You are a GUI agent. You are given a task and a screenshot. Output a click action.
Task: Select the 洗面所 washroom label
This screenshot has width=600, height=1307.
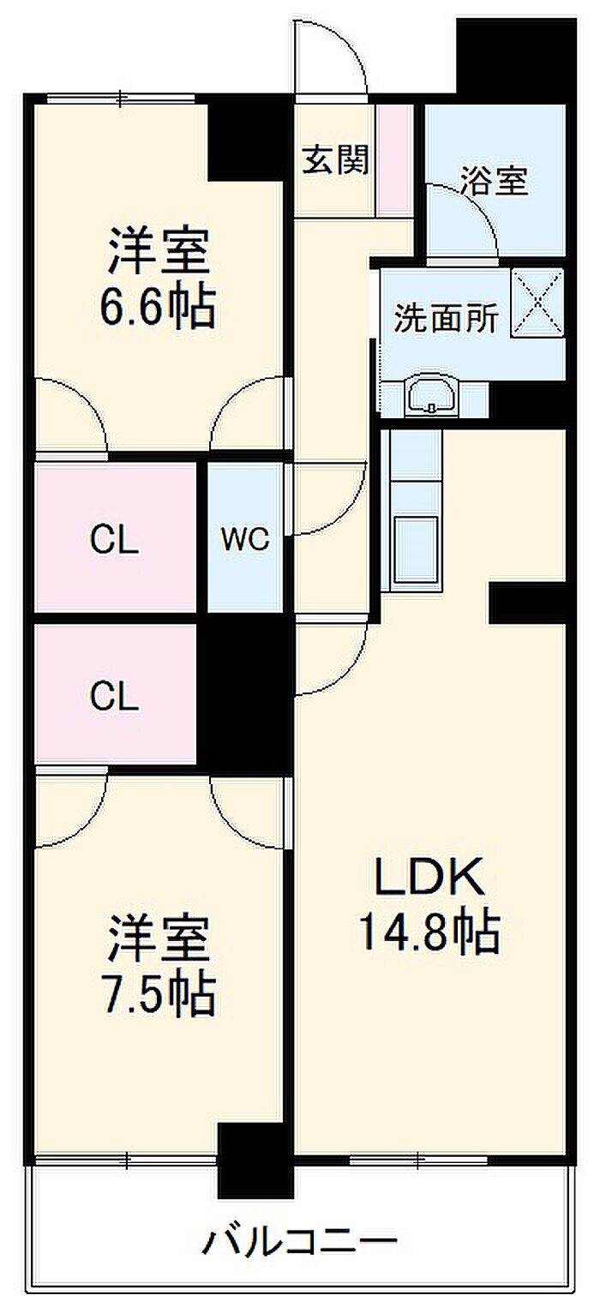tap(446, 318)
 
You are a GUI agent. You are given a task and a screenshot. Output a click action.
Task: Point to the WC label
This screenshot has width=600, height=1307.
tap(245, 539)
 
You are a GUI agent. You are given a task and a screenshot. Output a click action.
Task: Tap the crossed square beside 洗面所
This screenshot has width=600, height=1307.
tap(537, 303)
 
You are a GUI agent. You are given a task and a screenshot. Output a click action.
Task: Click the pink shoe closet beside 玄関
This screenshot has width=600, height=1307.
tap(394, 160)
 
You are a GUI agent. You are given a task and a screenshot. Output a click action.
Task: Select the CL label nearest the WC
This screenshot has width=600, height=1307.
tap(114, 540)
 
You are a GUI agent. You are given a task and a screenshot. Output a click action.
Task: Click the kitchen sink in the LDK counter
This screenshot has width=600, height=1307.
tap(417, 550)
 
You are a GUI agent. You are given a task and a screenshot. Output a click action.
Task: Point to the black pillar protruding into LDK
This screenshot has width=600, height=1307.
tap(528, 603)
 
